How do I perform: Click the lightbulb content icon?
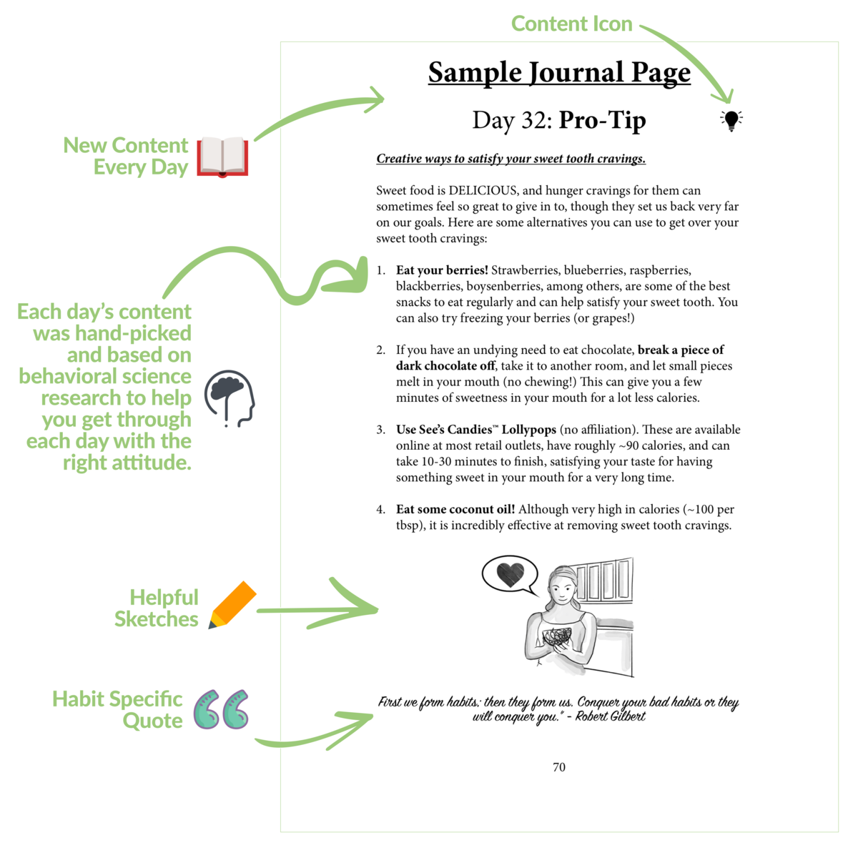pos(731,120)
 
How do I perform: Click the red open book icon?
pos(222,157)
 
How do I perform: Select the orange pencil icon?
pos(232,605)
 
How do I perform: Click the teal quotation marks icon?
pos(222,709)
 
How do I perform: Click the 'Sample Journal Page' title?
pos(559,72)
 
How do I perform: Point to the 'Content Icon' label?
pos(571,24)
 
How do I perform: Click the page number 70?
pos(559,767)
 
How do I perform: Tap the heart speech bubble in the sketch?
pos(509,574)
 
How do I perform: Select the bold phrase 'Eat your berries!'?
pos(442,270)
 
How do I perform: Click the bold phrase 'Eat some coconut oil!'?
pos(455,509)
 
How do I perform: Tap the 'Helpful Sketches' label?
pos(157,608)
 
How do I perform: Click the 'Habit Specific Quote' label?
pos(118,709)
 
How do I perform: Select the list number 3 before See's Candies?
pos(380,430)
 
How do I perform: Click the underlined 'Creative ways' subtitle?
pos(511,159)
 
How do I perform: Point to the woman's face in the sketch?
pos(563,588)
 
